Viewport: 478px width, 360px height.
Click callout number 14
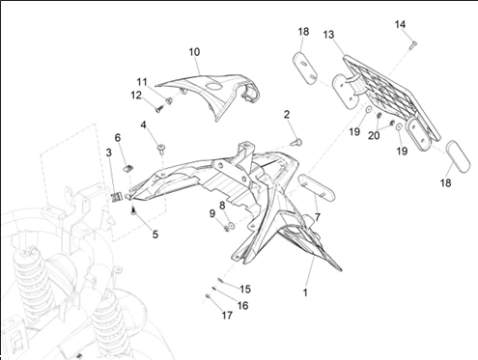point(400,24)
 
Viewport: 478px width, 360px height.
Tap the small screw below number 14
point(413,45)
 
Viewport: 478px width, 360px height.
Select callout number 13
point(328,35)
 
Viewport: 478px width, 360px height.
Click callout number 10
point(194,52)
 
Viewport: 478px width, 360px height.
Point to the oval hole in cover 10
point(214,85)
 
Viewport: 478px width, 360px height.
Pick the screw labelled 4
point(161,149)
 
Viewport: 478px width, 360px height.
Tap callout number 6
point(118,138)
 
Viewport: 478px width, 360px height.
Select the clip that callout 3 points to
point(116,197)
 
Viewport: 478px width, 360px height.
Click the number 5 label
point(155,235)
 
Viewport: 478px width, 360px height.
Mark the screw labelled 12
point(158,109)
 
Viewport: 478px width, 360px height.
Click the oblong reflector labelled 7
point(317,186)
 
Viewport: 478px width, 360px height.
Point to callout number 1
point(305,292)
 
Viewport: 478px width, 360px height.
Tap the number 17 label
point(227,316)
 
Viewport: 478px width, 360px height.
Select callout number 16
point(242,305)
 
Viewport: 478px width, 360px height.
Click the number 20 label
point(374,136)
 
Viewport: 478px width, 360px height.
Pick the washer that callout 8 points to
point(231,226)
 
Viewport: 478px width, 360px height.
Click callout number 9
point(211,213)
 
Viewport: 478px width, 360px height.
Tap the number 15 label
point(245,289)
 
